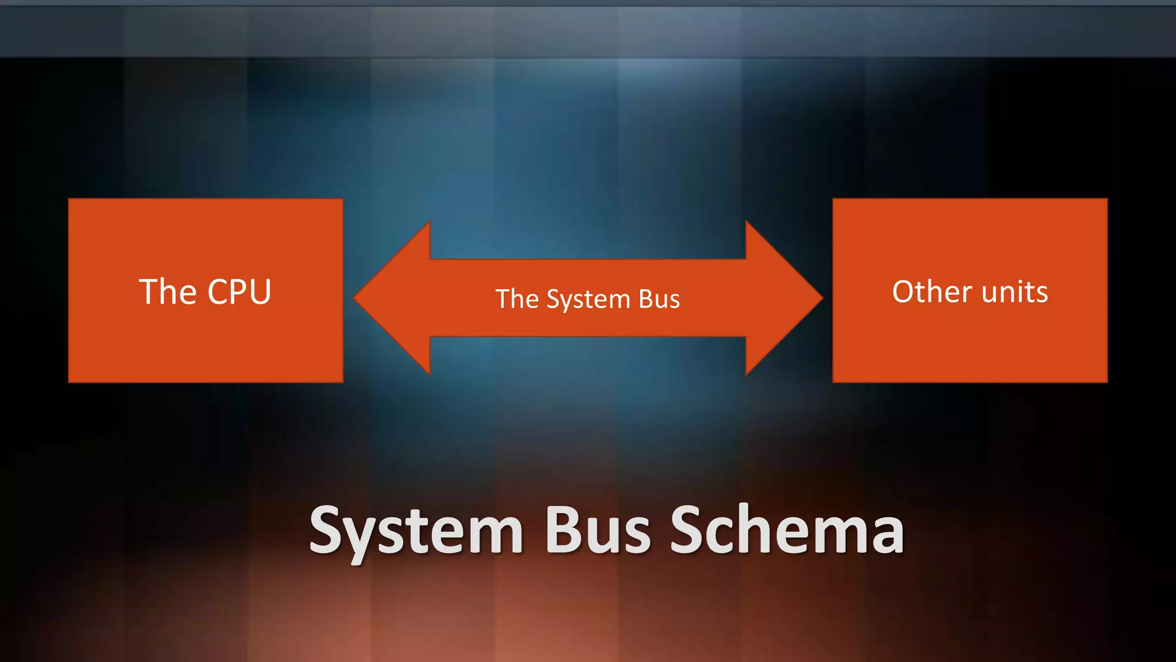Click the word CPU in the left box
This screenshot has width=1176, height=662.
point(239,292)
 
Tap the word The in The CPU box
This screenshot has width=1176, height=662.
point(168,292)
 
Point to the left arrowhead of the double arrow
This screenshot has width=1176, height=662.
point(390,298)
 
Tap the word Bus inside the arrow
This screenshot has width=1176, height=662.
point(659,299)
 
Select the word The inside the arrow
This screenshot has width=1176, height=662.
point(517,299)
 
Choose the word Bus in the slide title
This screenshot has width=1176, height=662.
point(597,530)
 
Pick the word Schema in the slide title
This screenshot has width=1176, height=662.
point(787,530)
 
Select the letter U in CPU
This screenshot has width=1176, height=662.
point(260,292)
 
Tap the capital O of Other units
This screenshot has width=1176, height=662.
point(906,291)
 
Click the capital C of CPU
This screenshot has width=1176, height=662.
point(219,292)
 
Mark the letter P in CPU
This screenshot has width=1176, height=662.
point(240,292)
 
